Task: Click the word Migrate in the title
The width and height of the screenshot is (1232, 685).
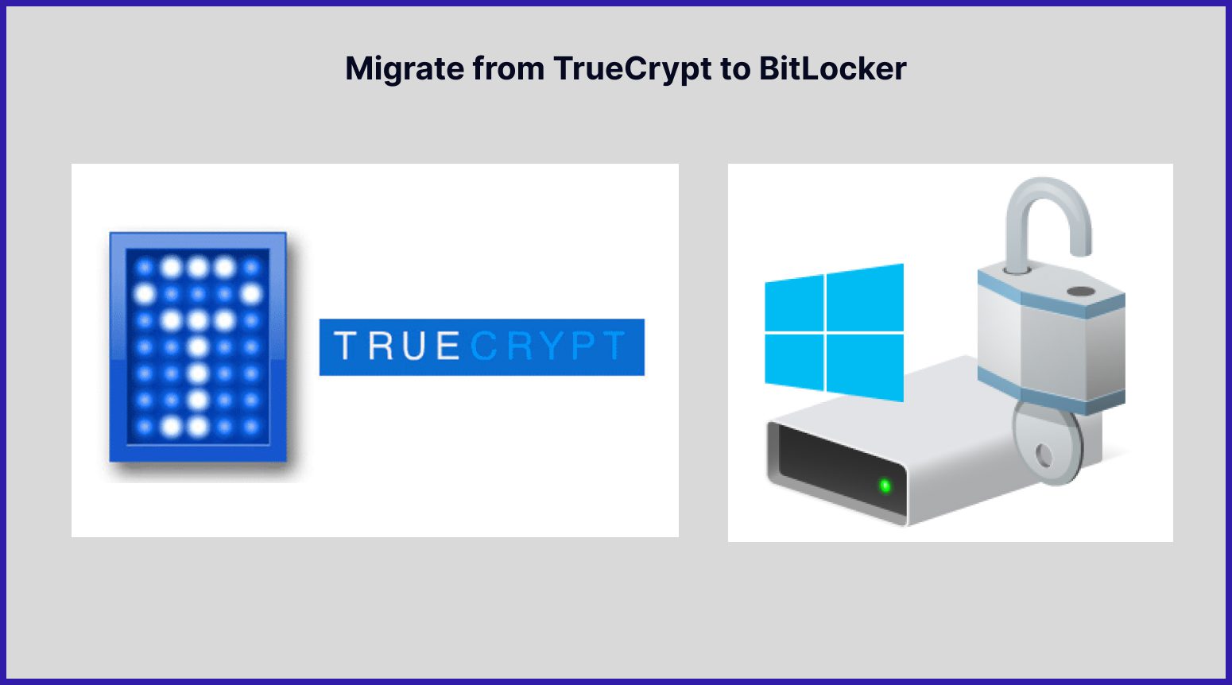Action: coord(405,69)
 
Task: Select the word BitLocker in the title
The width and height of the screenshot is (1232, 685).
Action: coord(832,69)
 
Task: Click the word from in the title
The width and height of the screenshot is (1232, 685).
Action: coord(509,69)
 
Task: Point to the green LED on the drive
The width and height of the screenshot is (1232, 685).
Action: coord(884,485)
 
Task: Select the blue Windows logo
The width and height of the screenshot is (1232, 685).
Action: coord(834,332)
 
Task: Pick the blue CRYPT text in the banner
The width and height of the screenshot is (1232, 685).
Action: coord(548,347)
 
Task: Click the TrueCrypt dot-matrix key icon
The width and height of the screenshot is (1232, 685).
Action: coord(198,346)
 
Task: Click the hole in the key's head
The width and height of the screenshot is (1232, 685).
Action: coord(1044,455)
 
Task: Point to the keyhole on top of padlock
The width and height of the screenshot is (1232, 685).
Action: coord(1079,292)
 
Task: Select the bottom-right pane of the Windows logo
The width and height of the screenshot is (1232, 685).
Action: coord(865,366)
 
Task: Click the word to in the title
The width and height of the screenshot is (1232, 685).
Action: coord(735,69)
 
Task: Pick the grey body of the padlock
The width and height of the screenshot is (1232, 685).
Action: coord(1049,350)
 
